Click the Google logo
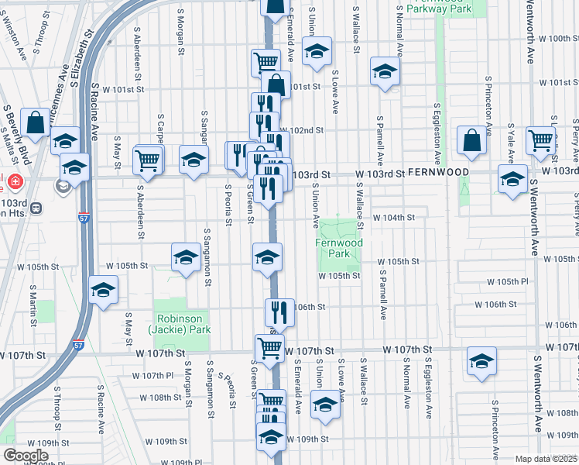click(26, 456)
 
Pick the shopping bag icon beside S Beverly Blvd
click(36, 122)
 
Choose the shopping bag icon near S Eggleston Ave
click(471, 139)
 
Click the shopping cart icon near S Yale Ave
click(540, 140)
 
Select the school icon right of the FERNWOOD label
click(512, 179)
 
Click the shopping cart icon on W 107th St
click(269, 348)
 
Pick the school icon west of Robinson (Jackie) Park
click(103, 291)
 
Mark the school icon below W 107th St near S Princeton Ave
click(481, 361)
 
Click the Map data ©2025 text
click(545, 459)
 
